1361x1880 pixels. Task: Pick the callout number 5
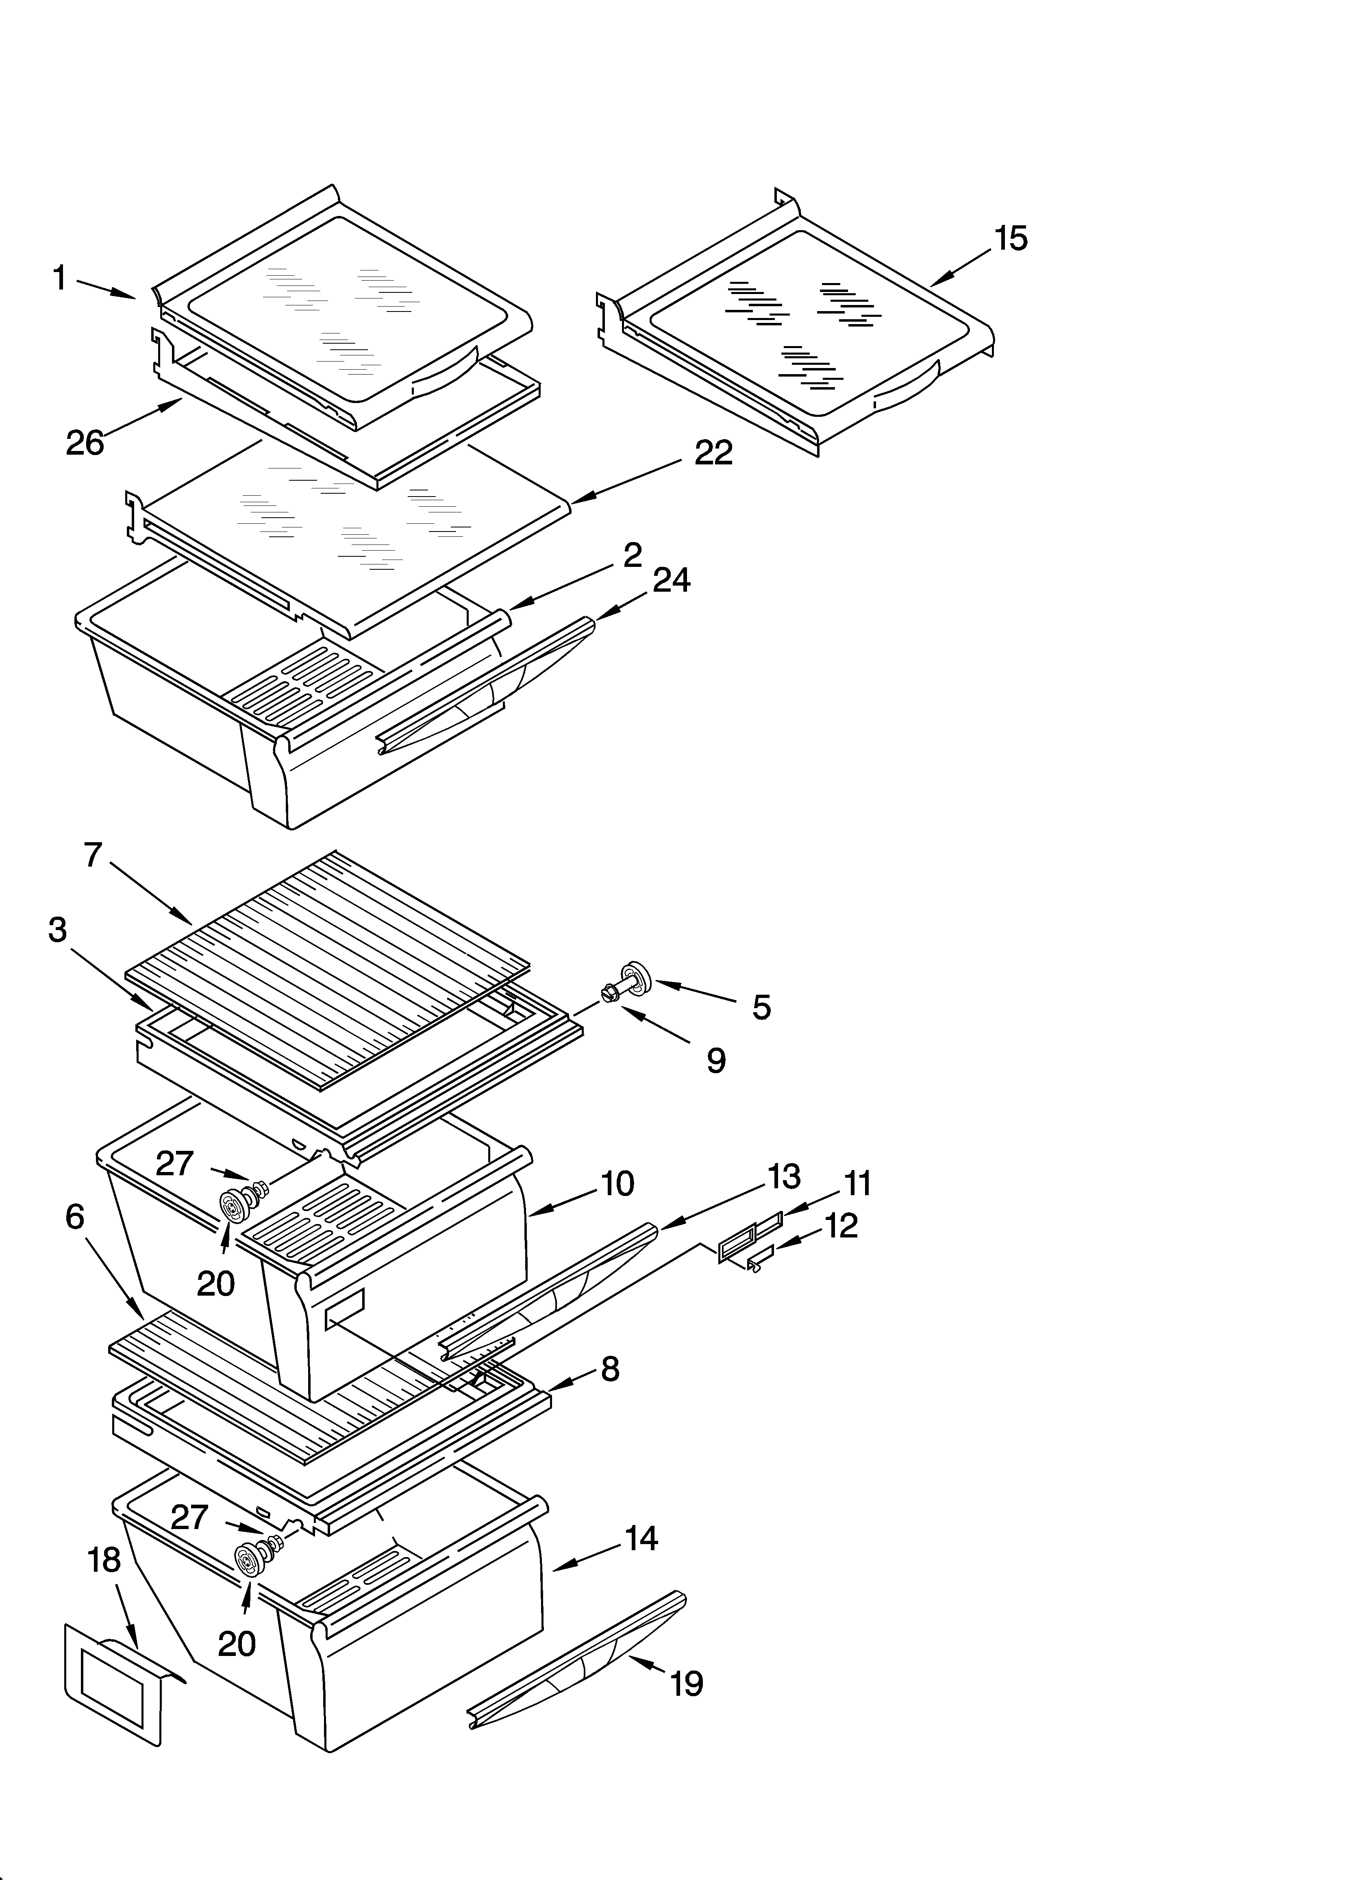point(761,1007)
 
